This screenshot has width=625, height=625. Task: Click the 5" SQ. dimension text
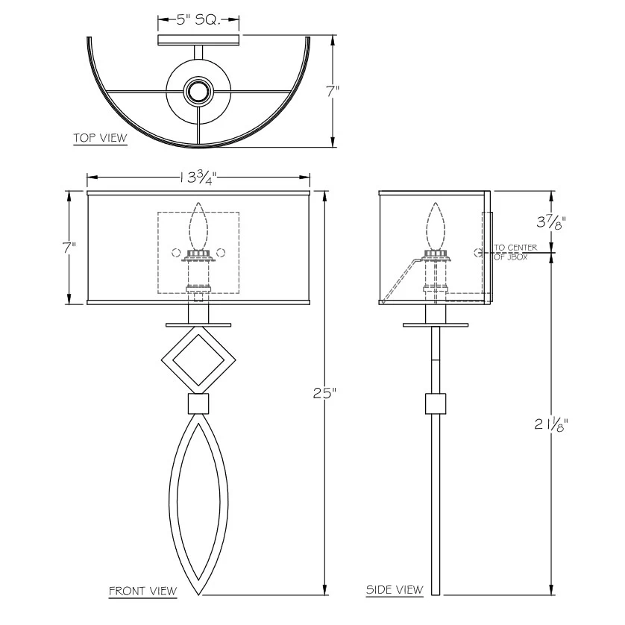[x=198, y=20]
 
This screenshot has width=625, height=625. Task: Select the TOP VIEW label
[x=100, y=138]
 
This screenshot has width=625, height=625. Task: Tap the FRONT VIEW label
[x=143, y=591]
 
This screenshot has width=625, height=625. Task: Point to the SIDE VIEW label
[x=395, y=590]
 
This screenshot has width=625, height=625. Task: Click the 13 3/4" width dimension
[x=198, y=178]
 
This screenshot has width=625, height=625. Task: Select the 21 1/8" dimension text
[x=552, y=425]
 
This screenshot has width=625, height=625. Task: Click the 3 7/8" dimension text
[x=552, y=222]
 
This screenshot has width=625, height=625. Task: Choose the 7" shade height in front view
[x=70, y=248]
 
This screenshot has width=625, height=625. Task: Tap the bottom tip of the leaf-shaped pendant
[x=198, y=594]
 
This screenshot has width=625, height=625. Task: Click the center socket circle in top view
[x=198, y=92]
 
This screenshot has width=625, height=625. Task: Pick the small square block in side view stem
[x=436, y=403]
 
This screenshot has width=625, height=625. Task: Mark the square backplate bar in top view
[x=198, y=39]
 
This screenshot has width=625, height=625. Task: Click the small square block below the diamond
[x=198, y=405]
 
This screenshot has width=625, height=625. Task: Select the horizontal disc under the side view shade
[x=436, y=325]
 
